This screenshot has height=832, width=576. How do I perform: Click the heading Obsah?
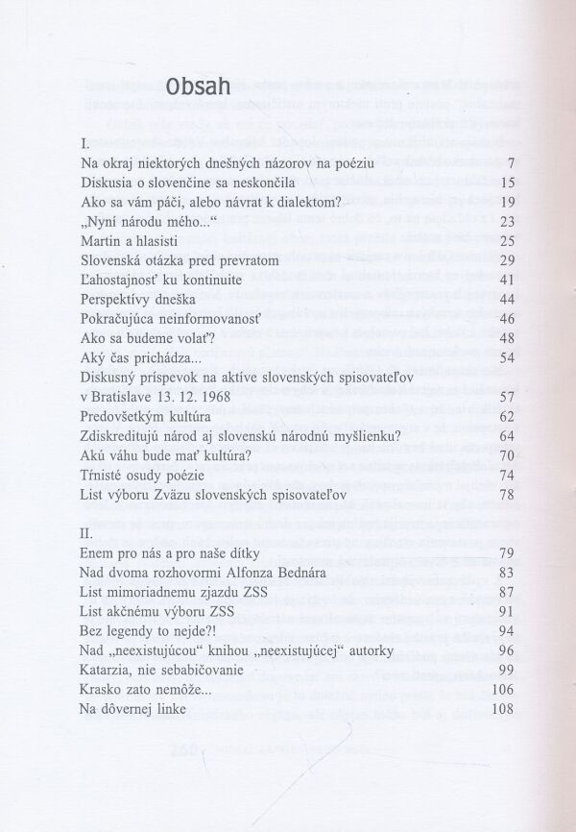[x=197, y=87]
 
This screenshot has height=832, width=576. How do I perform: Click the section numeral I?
[x=87, y=142]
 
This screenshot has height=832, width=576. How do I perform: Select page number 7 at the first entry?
[x=514, y=163]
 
